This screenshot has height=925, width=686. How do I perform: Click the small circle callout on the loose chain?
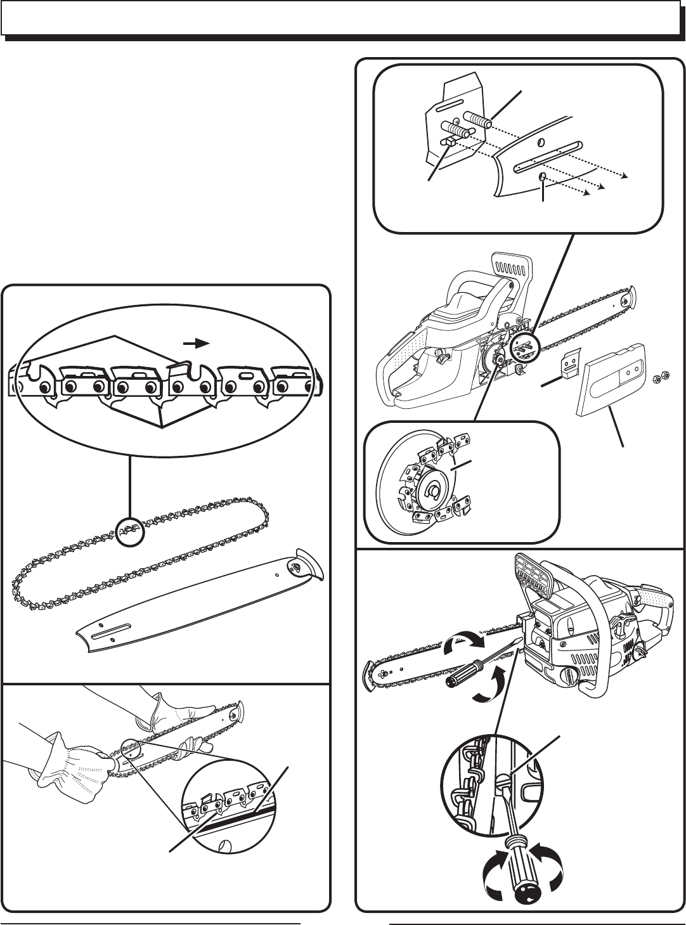point(131,529)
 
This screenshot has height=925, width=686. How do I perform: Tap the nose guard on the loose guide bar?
point(309,568)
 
